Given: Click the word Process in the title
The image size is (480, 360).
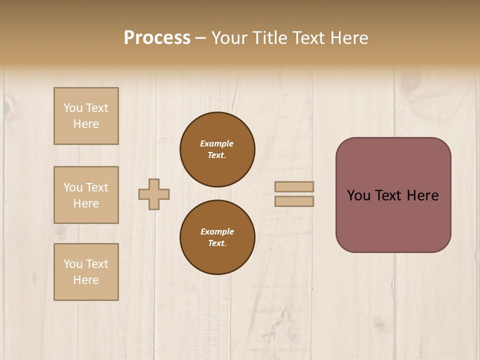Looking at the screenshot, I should [x=157, y=38].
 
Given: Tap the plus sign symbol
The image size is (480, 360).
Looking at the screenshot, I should [x=154, y=194].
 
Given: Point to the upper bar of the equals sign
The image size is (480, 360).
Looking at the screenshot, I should [x=294, y=186].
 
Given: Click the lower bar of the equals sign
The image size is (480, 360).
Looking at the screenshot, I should [x=294, y=201].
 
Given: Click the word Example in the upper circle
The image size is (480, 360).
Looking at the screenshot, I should [x=217, y=143].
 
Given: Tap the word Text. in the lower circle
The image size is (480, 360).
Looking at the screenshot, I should [x=217, y=243].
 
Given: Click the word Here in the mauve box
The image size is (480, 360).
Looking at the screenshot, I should [x=423, y=195].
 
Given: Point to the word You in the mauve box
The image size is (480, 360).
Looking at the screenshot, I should [x=358, y=195].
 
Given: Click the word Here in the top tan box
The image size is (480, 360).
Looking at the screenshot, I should [x=86, y=124].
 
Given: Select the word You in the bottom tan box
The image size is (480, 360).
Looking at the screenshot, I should [x=73, y=264].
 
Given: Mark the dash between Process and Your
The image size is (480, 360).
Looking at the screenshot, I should [x=201, y=38].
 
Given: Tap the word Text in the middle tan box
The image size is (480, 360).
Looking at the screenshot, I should [x=97, y=187].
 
